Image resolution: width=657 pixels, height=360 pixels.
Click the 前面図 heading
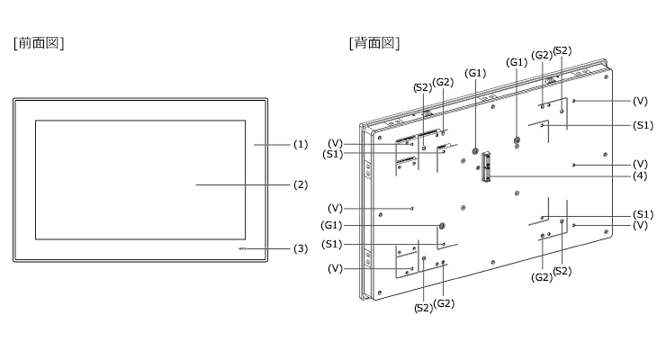coord(39,43)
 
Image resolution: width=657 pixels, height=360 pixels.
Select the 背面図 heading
coord(374,43)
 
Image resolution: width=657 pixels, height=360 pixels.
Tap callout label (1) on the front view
coord(301,145)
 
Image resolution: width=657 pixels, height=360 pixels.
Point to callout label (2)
coord(301,184)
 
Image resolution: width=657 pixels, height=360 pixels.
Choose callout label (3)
coord(301,249)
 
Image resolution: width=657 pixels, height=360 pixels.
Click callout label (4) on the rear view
coord(640,176)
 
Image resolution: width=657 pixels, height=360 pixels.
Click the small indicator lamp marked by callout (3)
coord(242,249)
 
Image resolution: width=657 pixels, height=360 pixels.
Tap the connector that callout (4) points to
coord(486,166)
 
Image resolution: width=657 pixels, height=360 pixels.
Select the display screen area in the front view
coord(140,180)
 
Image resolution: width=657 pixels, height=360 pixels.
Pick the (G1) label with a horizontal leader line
coord(331,226)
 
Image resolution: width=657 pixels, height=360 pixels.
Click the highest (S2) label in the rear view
coord(562,50)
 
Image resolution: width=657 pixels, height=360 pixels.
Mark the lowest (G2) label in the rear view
coord(444,303)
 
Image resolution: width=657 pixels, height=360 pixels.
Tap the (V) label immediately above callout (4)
coord(640,165)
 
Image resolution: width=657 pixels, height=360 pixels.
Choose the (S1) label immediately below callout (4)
coord(643,214)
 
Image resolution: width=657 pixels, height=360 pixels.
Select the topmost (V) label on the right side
coord(640,101)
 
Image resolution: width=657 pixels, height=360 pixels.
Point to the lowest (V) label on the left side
coord(335,268)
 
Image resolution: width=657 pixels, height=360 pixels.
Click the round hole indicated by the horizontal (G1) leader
coord(441,226)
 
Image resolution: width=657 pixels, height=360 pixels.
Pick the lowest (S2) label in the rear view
coord(423,308)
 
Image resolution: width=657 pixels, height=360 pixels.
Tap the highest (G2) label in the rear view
coord(542,55)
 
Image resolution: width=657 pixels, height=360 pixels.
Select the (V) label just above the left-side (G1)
coord(335,208)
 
